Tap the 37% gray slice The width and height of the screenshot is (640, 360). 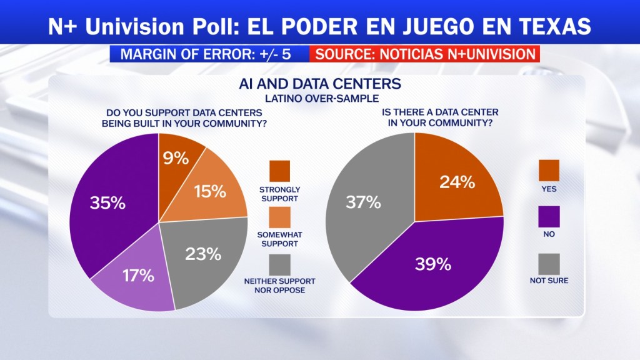click(363, 202)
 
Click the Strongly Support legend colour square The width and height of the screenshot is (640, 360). click(279, 171)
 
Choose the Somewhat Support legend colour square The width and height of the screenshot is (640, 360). click(279, 217)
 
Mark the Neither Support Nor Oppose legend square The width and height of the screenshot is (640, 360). click(279, 265)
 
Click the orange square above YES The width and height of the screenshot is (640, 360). click(549, 170)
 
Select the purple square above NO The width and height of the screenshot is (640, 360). click(549, 217)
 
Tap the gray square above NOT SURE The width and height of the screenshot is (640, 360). click(549, 264)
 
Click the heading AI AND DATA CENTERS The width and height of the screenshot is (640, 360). click(320, 84)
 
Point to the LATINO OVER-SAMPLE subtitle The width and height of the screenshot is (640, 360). click(322, 99)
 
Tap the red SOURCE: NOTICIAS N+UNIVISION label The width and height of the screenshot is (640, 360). click(424, 54)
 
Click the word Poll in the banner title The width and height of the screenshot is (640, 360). click(214, 26)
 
